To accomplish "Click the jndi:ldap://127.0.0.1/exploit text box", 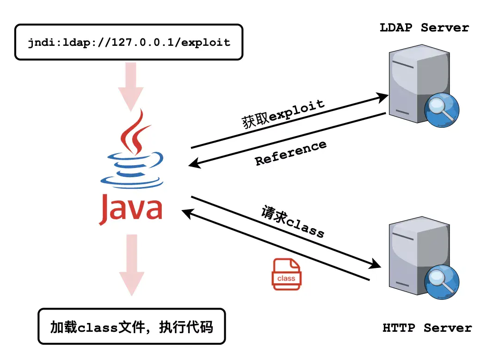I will click(129, 42).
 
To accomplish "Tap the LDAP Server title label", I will click(424, 28).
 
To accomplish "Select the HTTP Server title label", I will click(427, 328).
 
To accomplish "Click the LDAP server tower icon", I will click(412, 83).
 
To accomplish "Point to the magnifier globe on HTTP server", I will click(442, 283).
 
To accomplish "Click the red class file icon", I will click(286, 274).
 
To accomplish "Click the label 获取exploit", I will click(283, 114).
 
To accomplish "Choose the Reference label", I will click(290, 153).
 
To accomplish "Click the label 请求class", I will click(293, 221).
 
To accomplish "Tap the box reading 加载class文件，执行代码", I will click(131, 327).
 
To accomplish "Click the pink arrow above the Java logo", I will click(132, 86).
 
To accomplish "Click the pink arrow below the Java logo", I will click(132, 264).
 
